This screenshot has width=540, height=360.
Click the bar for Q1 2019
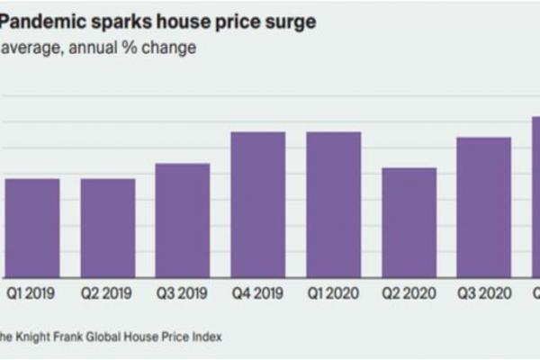[x=32, y=229]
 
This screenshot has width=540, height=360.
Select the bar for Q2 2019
[x=108, y=229]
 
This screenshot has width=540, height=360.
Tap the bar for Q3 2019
[x=183, y=220]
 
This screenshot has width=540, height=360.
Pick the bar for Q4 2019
[x=258, y=205]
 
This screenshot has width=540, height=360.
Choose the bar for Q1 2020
[x=333, y=205]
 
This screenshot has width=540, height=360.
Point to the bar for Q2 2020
[x=409, y=223]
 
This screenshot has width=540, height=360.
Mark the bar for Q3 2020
[x=484, y=208]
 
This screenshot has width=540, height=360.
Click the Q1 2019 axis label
[x=32, y=292]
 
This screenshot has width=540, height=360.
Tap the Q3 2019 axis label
[x=183, y=292]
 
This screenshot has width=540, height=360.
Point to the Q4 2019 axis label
[x=258, y=292]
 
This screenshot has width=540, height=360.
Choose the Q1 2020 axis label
[x=333, y=292]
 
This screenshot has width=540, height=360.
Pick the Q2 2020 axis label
[x=409, y=292]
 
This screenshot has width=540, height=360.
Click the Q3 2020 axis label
[x=484, y=292]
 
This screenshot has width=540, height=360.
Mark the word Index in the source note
[x=205, y=336]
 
